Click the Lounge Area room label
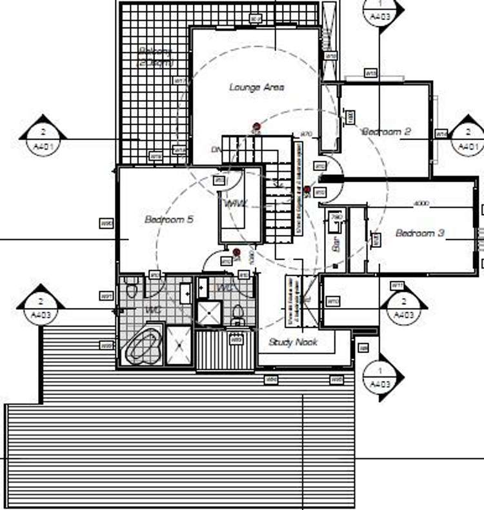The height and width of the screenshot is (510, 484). pos(257,87)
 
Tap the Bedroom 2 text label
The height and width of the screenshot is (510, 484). pos(387,132)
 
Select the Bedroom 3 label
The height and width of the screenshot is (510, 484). pos(419,233)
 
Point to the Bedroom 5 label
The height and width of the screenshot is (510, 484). pos(169,219)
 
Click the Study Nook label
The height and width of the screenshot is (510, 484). pos(293,343)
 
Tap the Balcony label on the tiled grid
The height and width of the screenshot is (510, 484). pos(156,57)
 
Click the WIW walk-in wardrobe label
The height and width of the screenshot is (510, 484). pos(236,203)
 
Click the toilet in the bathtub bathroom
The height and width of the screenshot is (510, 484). pos(132,289)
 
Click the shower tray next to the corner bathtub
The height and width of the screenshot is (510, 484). pos(179,347)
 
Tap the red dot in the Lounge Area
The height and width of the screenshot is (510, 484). pos(256,127)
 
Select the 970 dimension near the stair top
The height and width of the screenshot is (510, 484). pos(306,134)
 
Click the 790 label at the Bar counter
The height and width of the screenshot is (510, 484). pos(336,217)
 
